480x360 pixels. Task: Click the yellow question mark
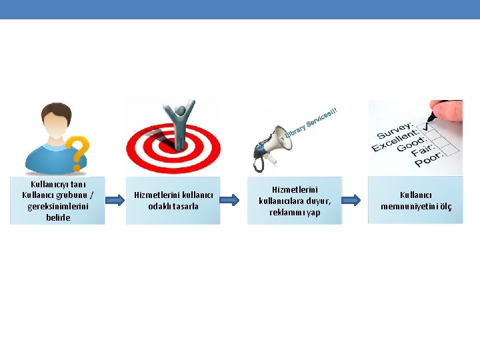[x=79, y=153]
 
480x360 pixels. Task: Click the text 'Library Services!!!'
[x=311, y=122]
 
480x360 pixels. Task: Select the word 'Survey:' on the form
[x=395, y=131]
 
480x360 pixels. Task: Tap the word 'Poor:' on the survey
[x=429, y=159]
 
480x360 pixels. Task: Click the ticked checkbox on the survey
[x=427, y=127]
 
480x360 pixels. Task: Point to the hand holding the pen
[x=447, y=110]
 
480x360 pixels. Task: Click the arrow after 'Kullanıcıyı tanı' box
[x=115, y=200]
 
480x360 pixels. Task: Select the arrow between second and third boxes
[x=229, y=200]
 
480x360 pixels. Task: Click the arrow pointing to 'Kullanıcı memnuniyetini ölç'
[x=351, y=200]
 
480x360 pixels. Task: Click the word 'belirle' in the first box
[x=58, y=217]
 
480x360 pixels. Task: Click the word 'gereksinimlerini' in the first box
[x=58, y=206]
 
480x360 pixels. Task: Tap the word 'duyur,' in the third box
[x=321, y=201]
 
